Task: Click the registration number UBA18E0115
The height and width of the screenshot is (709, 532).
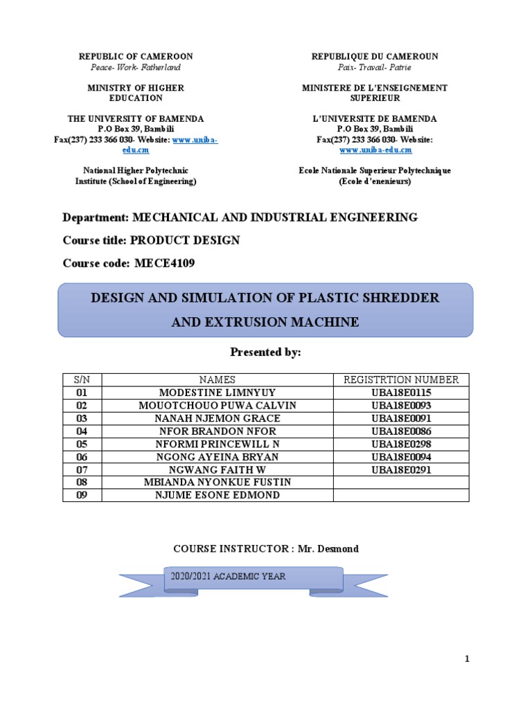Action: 401,393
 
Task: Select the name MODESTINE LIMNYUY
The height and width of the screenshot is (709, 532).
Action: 217,393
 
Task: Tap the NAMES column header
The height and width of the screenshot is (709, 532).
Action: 217,379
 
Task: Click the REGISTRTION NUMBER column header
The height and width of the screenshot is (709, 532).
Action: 401,379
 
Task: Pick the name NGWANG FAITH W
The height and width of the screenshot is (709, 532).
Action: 217,469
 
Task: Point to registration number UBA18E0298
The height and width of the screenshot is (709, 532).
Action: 401,444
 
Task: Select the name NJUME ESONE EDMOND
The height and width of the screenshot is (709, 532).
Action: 217,495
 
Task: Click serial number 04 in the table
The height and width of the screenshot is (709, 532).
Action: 83,431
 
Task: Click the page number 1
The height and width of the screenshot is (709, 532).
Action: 467,659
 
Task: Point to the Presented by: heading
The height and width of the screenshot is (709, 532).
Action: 265,352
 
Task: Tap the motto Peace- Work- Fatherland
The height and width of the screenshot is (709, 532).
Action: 136,67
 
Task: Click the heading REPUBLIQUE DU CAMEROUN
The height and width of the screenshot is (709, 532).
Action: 375,56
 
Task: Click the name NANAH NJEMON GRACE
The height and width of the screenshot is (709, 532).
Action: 217,418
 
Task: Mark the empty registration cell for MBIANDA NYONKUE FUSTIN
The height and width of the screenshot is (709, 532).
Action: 401,482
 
